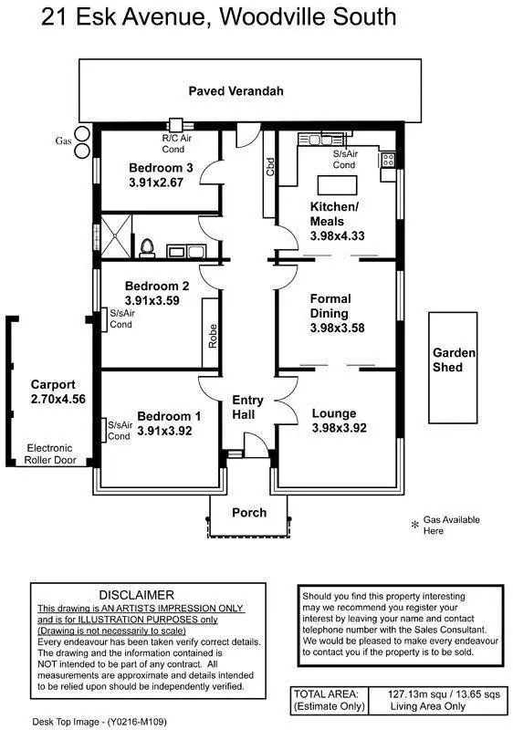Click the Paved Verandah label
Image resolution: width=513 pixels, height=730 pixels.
236,91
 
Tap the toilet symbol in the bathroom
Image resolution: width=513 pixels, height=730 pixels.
147,248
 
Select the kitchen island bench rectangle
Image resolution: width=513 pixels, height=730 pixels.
338,185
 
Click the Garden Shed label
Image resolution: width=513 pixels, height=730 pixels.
454,360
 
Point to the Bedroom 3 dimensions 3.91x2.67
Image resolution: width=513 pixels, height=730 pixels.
156,182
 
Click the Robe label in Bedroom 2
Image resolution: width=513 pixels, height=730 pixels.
213,336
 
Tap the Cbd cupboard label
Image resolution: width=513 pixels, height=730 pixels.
270,167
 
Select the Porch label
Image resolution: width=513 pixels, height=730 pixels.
249,513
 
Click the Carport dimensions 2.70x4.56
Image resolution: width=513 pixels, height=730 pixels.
58,399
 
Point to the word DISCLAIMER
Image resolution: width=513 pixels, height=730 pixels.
136,595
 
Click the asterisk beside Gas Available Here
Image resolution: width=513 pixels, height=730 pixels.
415,526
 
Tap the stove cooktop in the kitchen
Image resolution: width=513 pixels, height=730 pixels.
388,161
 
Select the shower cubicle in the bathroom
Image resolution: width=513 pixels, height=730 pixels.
116,236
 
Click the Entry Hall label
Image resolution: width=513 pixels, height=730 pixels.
247,407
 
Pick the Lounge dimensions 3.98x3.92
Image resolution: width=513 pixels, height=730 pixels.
340,428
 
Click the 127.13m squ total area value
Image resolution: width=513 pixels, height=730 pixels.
416,694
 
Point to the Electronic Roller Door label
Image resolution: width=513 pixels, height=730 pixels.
50,454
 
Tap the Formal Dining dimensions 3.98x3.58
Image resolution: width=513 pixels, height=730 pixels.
338,328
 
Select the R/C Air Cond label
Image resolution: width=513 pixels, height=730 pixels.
176,143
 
